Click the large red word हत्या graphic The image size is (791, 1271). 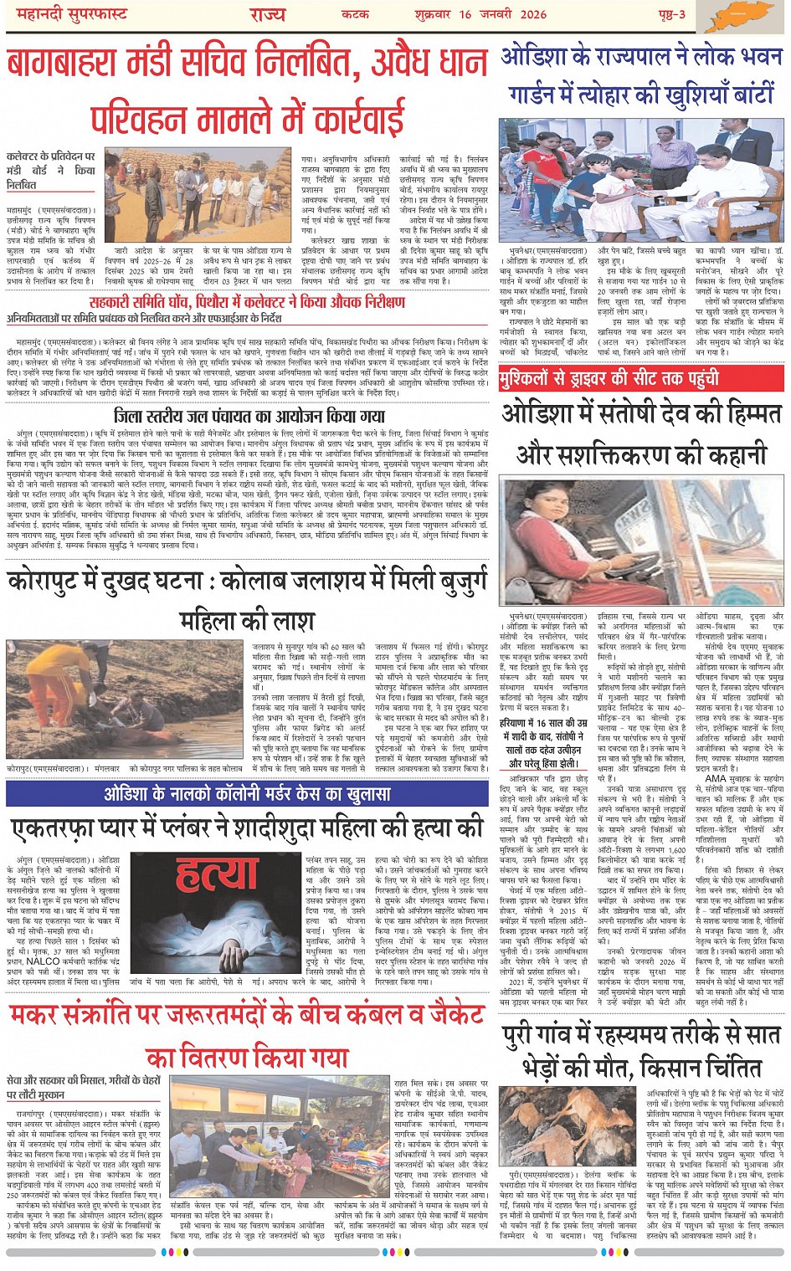216,875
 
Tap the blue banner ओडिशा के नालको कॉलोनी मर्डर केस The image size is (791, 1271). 247,793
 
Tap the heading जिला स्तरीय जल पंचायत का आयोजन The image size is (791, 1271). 249,417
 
